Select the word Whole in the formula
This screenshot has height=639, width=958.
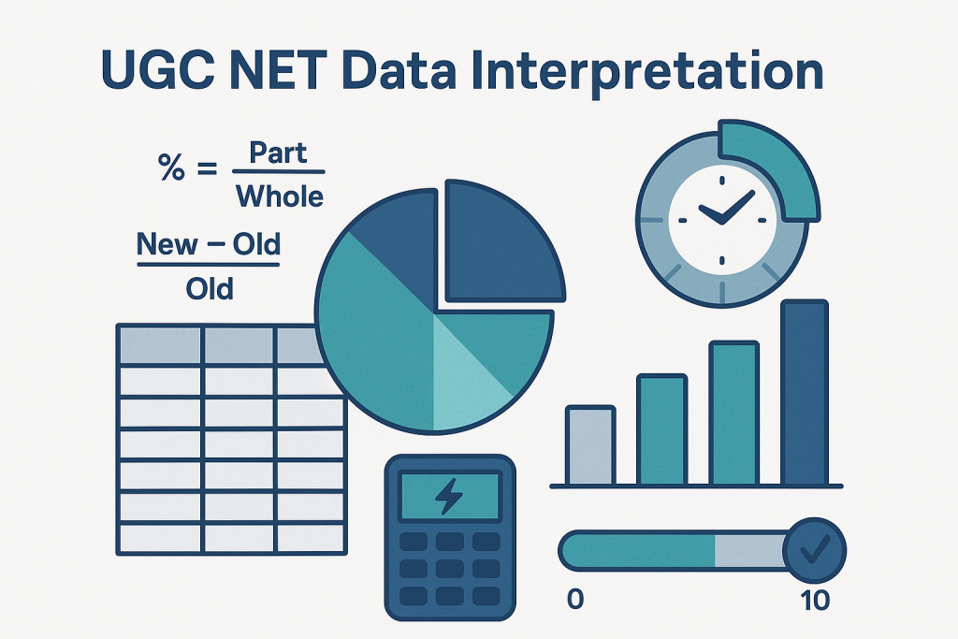tap(280, 196)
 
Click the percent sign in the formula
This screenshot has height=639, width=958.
tap(171, 167)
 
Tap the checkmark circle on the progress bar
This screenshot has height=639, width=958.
tap(815, 550)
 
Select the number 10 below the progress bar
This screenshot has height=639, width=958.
tap(815, 601)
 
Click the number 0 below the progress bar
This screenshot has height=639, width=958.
tap(575, 600)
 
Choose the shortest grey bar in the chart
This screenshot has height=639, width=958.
tap(590, 445)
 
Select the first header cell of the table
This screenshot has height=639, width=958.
tap(160, 345)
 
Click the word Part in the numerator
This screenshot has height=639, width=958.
tap(278, 152)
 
